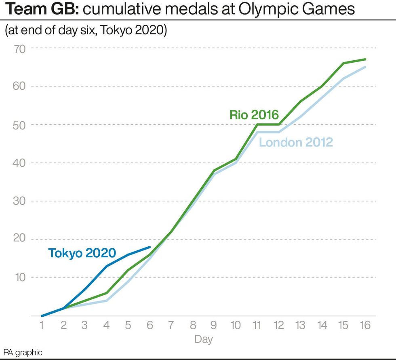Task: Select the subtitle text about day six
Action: pyautogui.click(x=86, y=31)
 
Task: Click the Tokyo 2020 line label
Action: pyautogui.click(x=82, y=253)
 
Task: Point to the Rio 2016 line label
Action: pyautogui.click(x=254, y=114)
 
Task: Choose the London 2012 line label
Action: pyautogui.click(x=296, y=142)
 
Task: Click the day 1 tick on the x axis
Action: pyautogui.click(x=42, y=325)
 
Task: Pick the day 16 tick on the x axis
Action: pyautogui.click(x=365, y=325)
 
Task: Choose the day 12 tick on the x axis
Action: pyautogui.click(x=279, y=325)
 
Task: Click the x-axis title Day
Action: pyautogui.click(x=203, y=339)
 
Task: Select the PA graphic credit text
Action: pyautogui.click(x=23, y=353)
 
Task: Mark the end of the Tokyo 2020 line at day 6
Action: pyautogui.click(x=150, y=247)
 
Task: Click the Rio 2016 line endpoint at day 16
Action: pyautogui.click(x=365, y=59)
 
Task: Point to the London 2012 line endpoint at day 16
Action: pyautogui.click(x=365, y=67)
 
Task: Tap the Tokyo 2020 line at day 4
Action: pyautogui.click(x=107, y=266)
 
